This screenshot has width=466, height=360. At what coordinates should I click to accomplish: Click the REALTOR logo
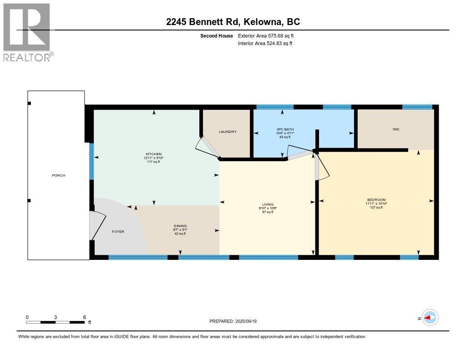click(x=27, y=32)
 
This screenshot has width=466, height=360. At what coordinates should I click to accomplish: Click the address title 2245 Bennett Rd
click(x=233, y=22)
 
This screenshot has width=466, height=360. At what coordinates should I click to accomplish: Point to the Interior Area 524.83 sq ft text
click(x=265, y=43)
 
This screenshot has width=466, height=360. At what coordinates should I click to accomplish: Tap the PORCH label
click(x=58, y=175)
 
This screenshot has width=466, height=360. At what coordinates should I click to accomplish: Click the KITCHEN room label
click(x=154, y=154)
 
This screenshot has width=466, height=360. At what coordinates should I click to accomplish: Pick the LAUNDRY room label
click(x=228, y=132)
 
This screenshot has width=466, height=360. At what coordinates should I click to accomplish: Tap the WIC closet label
click(x=396, y=129)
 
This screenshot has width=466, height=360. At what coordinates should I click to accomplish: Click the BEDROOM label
click(x=376, y=200)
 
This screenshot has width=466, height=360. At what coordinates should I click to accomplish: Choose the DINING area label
click(x=180, y=226)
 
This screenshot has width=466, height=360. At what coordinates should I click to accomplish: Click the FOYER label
click(x=118, y=232)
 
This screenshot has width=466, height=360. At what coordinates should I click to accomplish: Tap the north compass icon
click(x=430, y=318)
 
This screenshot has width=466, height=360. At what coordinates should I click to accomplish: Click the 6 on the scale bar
click(x=85, y=317)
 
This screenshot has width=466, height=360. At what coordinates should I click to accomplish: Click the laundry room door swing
click(x=205, y=147)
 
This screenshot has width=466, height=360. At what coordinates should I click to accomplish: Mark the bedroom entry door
click(x=317, y=167)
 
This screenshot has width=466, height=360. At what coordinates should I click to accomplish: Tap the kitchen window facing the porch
click(x=91, y=162)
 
